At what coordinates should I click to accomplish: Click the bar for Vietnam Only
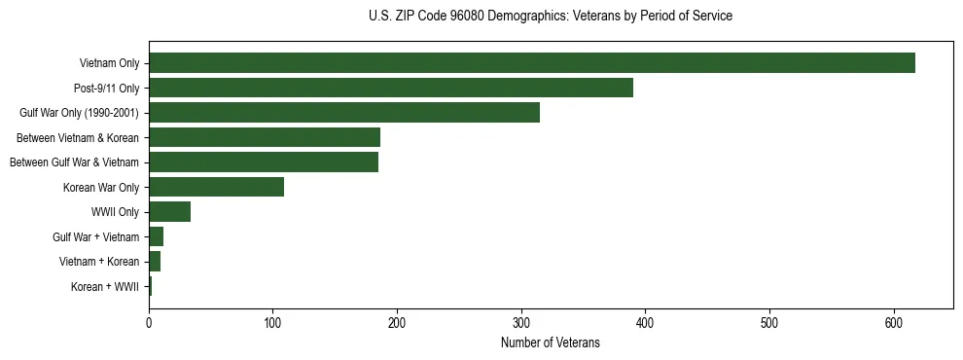tap(532, 63)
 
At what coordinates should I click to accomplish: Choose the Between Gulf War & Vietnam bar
tap(264, 162)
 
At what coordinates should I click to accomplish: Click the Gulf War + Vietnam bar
tap(156, 236)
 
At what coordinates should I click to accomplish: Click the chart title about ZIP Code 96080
tap(551, 17)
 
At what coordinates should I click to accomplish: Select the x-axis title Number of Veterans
tap(551, 343)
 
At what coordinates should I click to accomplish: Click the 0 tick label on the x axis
tap(149, 323)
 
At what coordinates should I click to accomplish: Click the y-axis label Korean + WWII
tap(105, 287)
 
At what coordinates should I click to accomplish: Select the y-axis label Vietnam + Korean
tap(99, 262)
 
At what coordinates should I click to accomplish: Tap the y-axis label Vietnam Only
tap(109, 63)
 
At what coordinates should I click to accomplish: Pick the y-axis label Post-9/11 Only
tap(106, 89)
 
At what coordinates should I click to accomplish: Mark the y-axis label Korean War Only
tap(104, 188)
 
